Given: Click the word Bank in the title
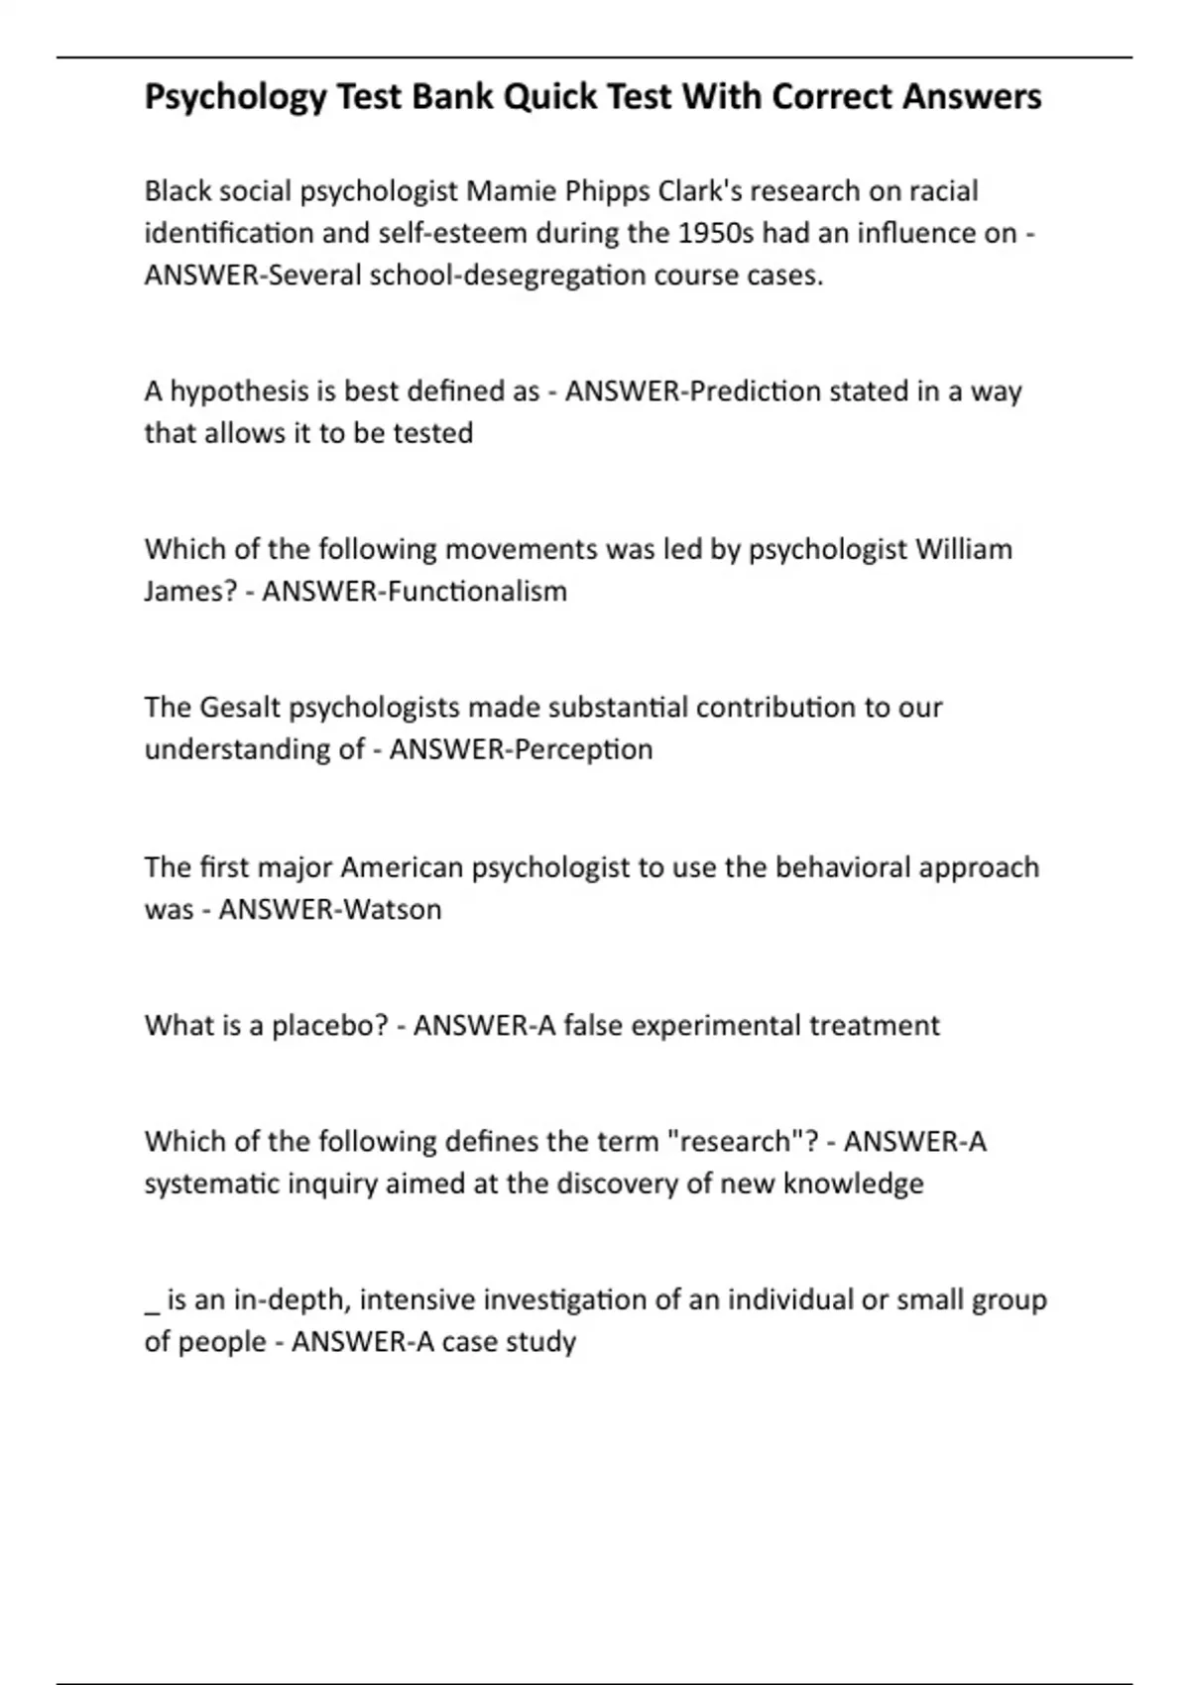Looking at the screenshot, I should pos(452,97).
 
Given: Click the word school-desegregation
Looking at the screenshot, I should pos(507,275).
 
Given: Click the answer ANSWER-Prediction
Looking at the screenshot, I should pos(693,392).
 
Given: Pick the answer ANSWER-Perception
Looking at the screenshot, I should pos(521,749).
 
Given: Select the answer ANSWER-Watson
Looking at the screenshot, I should pos(329,909).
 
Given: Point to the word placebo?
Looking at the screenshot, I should pos(329,1025).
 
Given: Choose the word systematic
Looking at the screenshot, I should pos(212,1183).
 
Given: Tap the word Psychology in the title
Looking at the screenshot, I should pos(235,97).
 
